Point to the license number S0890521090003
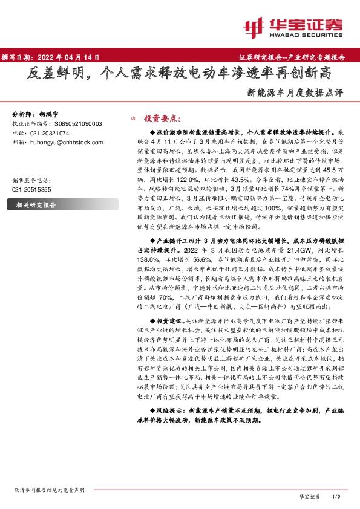[x=70, y=123]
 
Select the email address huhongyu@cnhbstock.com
[x=62, y=142]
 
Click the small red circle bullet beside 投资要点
[x=133, y=118]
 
